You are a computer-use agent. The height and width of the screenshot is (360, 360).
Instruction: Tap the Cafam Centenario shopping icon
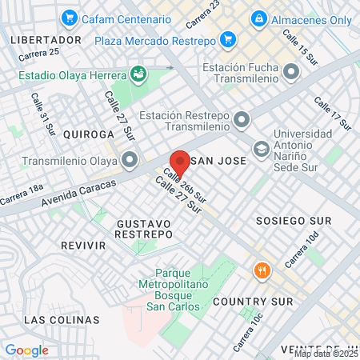[70, 17]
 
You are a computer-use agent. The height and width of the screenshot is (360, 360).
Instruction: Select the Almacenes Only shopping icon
[258, 18]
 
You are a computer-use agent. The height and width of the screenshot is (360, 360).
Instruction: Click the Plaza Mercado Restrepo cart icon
[228, 39]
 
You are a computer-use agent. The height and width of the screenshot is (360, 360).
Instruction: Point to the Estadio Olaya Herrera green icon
[138, 74]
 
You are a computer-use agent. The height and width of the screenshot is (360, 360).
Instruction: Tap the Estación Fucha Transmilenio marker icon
[290, 73]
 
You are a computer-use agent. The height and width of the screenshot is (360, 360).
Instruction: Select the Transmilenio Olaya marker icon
[129, 158]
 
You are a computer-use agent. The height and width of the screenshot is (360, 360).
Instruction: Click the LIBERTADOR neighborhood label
[46, 39]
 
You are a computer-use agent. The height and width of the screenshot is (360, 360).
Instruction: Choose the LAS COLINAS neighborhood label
[62, 319]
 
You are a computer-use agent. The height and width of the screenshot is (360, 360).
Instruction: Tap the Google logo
[26, 350]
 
